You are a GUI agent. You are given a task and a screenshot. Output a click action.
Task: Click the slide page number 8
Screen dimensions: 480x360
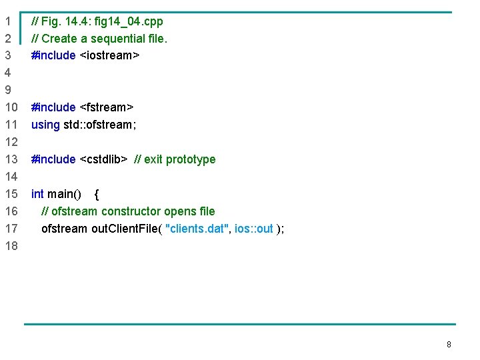pyautogui.click(x=449, y=345)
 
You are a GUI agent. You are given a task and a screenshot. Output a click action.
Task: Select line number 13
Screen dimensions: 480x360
pyautogui.click(x=11, y=159)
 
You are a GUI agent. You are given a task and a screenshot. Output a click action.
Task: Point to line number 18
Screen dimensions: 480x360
pyautogui.click(x=11, y=246)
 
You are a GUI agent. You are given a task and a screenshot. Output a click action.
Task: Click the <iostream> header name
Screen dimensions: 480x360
pyautogui.click(x=109, y=55)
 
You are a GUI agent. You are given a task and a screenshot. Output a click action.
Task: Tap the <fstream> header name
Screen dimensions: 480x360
pyautogui.click(x=107, y=107)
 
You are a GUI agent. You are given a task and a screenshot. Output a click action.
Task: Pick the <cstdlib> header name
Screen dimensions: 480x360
pyautogui.click(x=103, y=159)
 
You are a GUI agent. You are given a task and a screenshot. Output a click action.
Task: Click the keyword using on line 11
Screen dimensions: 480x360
pyautogui.click(x=45, y=125)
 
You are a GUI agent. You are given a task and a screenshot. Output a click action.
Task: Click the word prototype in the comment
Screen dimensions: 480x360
pyautogui.click(x=191, y=159)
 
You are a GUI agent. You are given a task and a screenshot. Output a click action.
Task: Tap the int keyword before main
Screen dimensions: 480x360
pyautogui.click(x=37, y=194)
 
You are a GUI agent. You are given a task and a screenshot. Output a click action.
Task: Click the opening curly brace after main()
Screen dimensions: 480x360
pyautogui.click(x=97, y=194)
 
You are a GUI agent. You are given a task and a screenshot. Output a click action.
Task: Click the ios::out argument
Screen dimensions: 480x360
pyautogui.click(x=254, y=229)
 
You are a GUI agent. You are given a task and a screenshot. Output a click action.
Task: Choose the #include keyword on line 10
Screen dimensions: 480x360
pyautogui.click(x=53, y=107)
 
